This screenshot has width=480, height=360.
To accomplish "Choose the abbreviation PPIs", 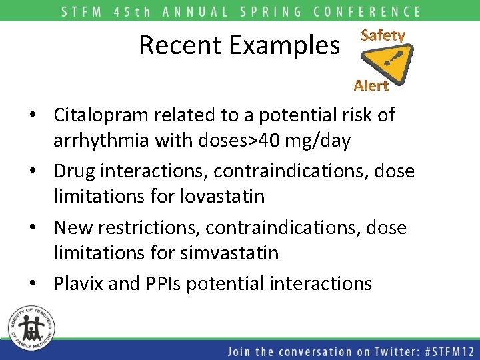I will (x=162, y=283).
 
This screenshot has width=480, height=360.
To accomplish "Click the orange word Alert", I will (x=371, y=85).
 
